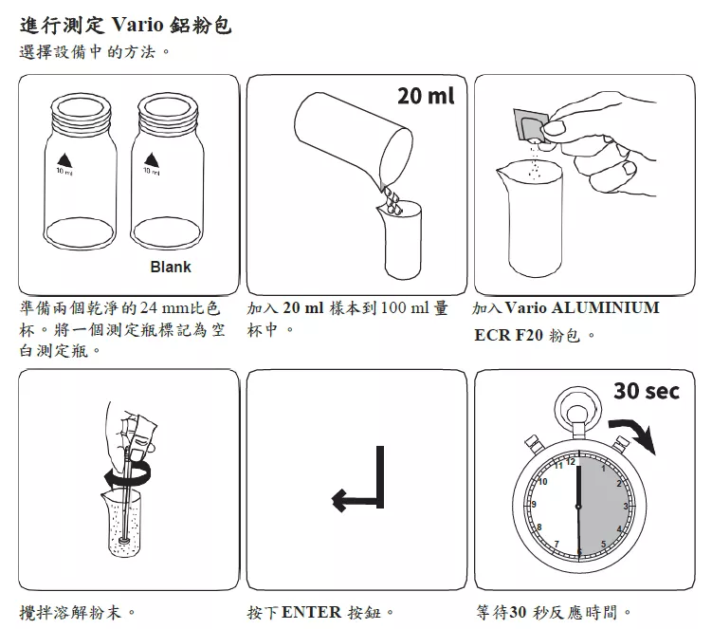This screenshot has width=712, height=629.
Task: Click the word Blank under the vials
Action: click(171, 267)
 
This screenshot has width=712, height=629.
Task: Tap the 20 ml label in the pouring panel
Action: click(426, 96)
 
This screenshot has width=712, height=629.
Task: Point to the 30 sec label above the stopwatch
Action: click(647, 391)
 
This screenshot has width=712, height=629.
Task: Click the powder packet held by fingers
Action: click(529, 125)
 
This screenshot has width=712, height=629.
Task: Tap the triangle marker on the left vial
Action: click(64, 160)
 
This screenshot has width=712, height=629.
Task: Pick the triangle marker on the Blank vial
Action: click(152, 160)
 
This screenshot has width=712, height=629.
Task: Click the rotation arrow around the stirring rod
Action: click(128, 474)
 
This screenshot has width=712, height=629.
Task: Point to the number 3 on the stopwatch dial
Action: click(626, 506)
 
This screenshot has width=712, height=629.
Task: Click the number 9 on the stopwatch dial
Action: click(534, 504)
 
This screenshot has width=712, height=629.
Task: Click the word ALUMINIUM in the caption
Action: click(605, 307)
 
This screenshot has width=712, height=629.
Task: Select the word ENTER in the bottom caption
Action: click(311, 612)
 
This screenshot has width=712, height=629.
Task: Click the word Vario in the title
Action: click(137, 24)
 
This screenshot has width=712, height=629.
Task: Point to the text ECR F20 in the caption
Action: click(508, 335)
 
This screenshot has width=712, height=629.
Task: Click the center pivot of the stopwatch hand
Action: click(578, 507)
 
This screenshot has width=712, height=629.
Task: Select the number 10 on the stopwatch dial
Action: click(542, 482)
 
